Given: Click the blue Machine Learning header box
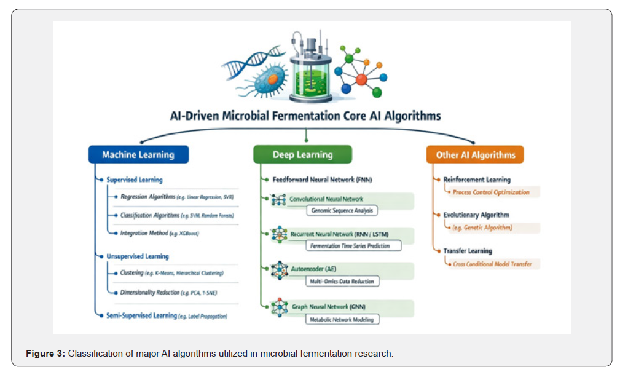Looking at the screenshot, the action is (x=139, y=154).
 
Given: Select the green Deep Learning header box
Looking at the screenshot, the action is (x=303, y=154).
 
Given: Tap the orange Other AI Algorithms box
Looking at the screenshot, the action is (x=475, y=154).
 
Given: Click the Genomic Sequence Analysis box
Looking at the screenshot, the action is (x=342, y=210).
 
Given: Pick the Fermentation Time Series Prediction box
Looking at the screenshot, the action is (x=354, y=246).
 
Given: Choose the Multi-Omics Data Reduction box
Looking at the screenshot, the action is (x=342, y=282).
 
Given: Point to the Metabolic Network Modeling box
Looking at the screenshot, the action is (x=342, y=320).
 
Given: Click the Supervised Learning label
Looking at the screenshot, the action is (x=135, y=180).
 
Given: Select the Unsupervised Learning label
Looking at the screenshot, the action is (x=138, y=256).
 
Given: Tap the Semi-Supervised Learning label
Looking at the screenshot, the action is (x=141, y=315).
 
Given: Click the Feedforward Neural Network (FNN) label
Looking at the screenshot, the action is (x=323, y=180).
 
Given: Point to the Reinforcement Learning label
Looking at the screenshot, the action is (x=477, y=180).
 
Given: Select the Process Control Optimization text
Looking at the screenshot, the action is (x=491, y=192).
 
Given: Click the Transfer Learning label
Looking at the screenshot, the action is (x=468, y=250).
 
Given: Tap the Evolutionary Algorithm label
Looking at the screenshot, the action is (x=476, y=215).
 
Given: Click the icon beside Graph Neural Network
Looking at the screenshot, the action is (x=280, y=307).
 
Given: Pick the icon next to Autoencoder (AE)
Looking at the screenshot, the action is (x=280, y=270).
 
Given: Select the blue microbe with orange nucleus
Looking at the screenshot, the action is (x=266, y=80).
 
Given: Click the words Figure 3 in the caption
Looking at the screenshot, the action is (x=45, y=353).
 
